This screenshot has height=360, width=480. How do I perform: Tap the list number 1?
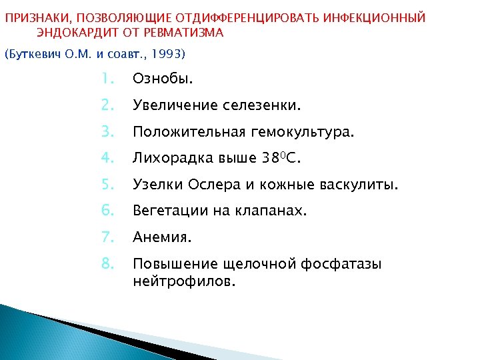click(107, 79)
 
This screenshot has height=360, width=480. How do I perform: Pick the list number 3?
click(107, 132)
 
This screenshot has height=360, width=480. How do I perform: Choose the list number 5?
click(107, 185)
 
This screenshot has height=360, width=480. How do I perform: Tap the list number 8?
click(107, 264)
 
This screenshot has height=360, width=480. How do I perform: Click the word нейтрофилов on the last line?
click(184, 281)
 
